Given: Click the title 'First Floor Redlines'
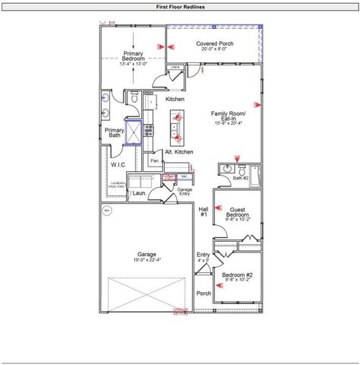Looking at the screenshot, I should tap(180, 6).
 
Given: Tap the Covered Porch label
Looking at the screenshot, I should tap(215, 44).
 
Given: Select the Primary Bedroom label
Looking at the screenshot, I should tap(133, 56).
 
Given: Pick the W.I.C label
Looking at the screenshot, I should tap(118, 164).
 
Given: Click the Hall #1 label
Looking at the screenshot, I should tap(204, 212).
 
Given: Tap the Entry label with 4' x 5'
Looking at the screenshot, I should tap(204, 256).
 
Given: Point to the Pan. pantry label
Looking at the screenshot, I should tap(154, 160).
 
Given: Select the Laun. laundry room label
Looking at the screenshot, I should tap(137, 194).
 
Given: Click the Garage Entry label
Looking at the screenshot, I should tap(184, 192).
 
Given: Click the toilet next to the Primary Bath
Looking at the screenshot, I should tap(134, 98).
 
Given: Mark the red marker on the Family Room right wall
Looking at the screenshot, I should tap(260, 103).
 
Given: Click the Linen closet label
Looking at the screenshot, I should tap(175, 68).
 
